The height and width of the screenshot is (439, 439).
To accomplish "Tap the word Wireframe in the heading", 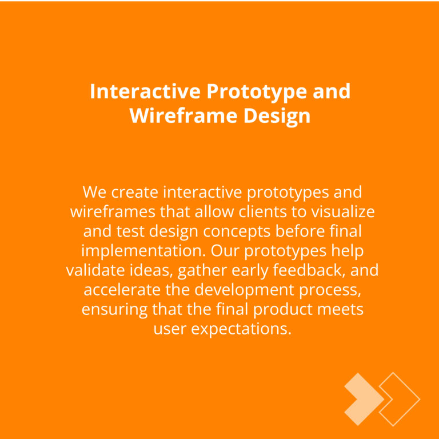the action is pyautogui.click(x=183, y=115).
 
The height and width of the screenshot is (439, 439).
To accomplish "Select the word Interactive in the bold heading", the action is pyautogui.click(x=145, y=91).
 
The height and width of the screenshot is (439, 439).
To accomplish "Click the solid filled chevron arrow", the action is pyautogui.click(x=364, y=399).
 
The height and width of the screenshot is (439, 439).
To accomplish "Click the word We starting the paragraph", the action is pyautogui.click(x=95, y=192).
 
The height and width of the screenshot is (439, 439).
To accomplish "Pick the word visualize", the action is pyautogui.click(x=343, y=211).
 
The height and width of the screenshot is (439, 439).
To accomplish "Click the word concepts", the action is pyautogui.click(x=237, y=232).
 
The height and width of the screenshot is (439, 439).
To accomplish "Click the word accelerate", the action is pyautogui.click(x=122, y=290).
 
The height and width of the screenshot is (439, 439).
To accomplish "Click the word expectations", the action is pyautogui.click(x=241, y=330).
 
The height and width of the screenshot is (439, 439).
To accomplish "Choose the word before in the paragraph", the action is pyautogui.click(x=300, y=232).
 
